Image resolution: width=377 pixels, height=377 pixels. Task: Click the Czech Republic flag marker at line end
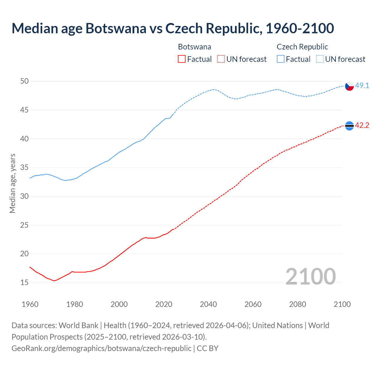click(349, 86)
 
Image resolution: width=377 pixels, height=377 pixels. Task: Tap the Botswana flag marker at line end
click(349, 126)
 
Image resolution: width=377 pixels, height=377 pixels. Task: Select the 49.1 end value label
click(362, 86)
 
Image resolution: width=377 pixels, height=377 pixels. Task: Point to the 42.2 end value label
click(362, 125)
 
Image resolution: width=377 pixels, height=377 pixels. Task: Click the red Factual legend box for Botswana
click(182, 59)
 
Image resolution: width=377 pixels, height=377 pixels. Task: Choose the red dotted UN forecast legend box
click(221, 59)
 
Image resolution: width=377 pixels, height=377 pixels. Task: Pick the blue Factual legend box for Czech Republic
click(281, 59)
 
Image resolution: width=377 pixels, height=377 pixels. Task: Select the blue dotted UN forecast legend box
click(320, 59)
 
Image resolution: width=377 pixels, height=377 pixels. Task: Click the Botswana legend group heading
click(194, 47)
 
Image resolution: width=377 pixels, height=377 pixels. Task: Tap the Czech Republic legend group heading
click(302, 47)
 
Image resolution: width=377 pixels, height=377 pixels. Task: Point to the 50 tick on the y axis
click(24, 81)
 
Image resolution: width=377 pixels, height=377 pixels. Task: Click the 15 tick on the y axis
click(24, 282)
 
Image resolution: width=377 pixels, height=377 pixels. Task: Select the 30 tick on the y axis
click(24, 196)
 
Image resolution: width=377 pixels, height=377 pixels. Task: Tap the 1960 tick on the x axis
click(30, 304)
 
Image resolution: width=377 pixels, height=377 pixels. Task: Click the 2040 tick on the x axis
click(208, 304)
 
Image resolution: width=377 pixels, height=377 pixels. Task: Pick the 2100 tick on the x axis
click(342, 304)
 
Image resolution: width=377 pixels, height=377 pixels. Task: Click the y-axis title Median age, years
click(12, 183)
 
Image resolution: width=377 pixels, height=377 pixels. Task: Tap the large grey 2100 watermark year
click(310, 276)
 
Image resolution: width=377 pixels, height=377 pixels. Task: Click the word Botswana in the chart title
click(116, 28)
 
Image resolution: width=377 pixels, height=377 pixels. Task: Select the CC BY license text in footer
click(207, 348)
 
